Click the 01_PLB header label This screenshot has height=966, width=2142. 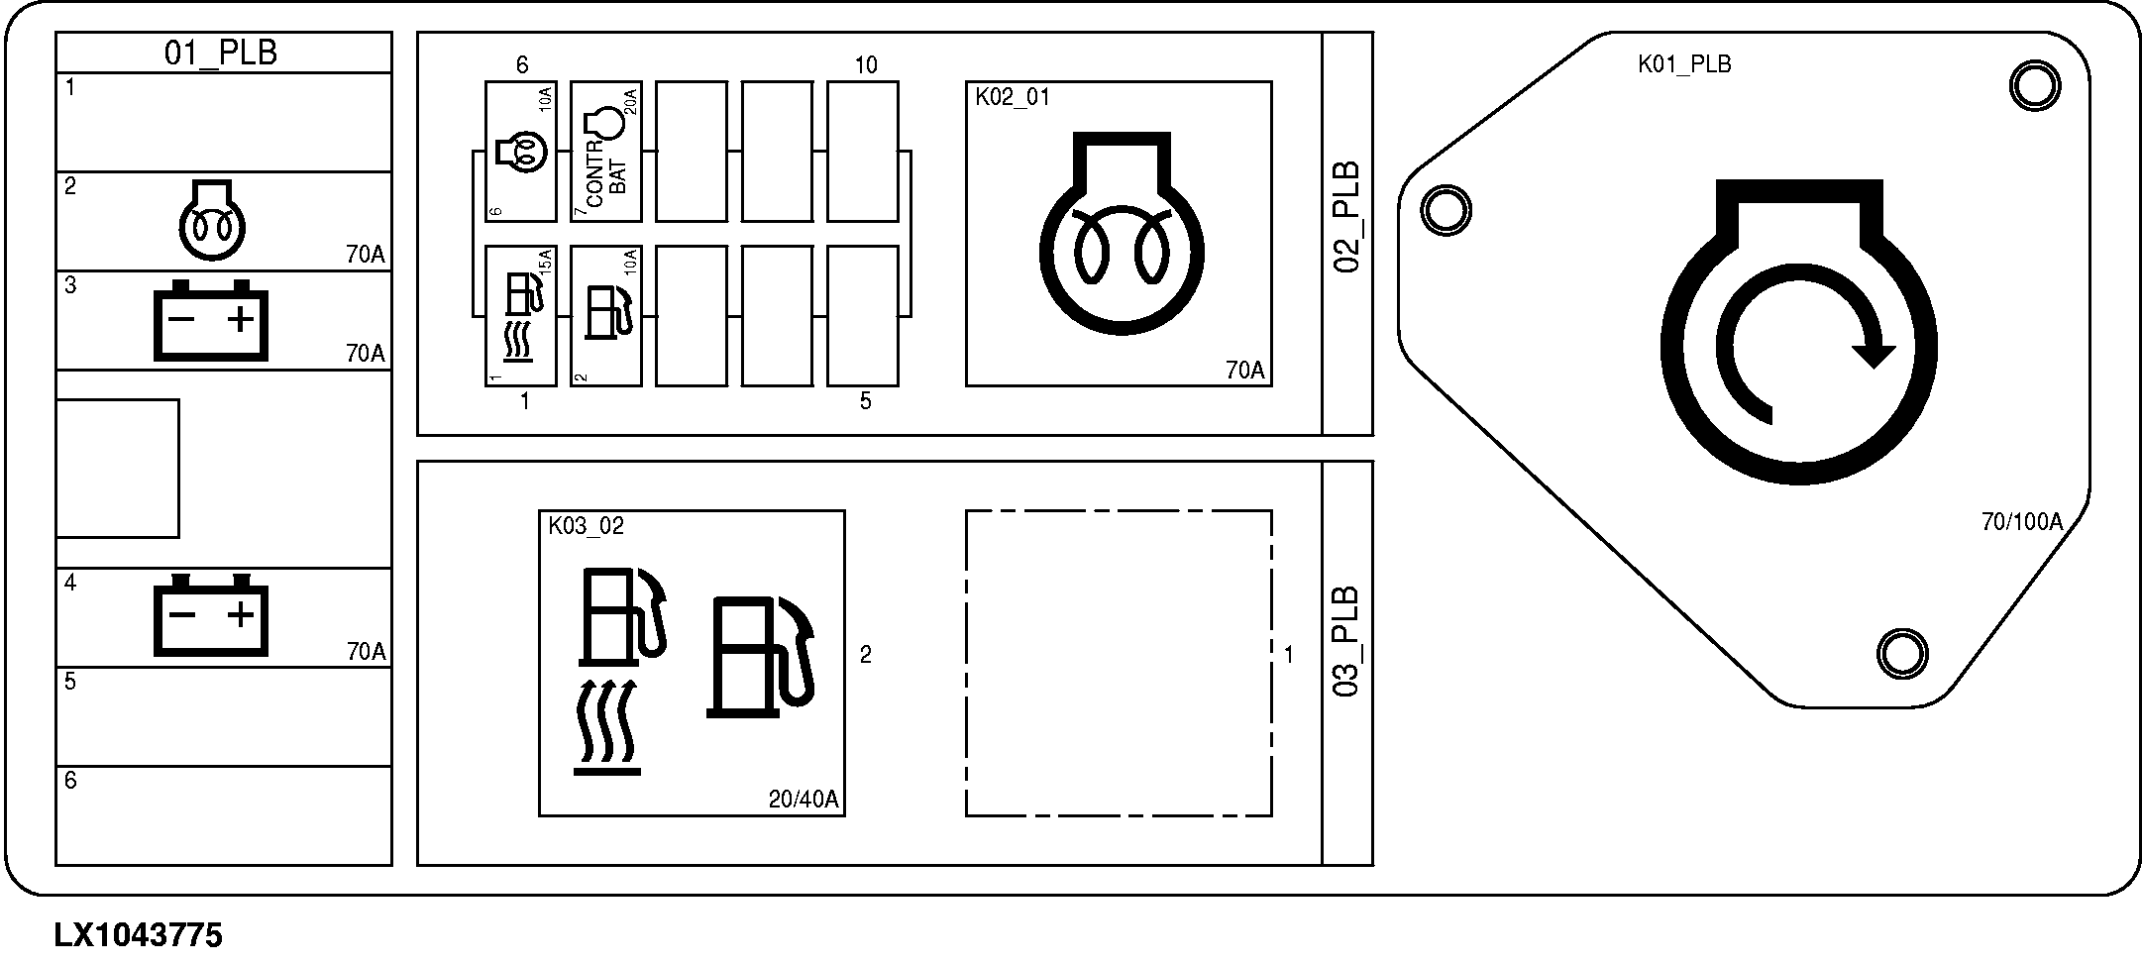tap(220, 53)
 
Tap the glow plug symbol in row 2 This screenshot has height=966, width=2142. tap(211, 220)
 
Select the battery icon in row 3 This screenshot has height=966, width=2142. tap(211, 320)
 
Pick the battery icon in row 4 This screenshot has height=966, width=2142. tap(211, 614)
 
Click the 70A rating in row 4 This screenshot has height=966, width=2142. tap(366, 651)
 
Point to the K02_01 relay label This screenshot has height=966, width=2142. tap(1013, 97)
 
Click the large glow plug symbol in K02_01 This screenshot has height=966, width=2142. tap(1122, 233)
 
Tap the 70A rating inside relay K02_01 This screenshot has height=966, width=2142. tap(1245, 371)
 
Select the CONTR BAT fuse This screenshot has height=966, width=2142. tap(606, 152)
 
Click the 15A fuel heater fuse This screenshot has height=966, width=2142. tap(521, 315)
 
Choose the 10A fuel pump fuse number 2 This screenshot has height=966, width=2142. tap(606, 315)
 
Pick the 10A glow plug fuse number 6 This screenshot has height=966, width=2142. tap(521, 152)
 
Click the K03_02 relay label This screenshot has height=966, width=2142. tap(587, 526)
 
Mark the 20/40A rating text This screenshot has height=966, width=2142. tap(803, 800)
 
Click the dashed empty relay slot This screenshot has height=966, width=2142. tap(1119, 663)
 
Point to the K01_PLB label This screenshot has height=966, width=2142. tap(1684, 64)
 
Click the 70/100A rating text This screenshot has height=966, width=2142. tap(2021, 522)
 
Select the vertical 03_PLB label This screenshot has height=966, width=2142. tap(1347, 641)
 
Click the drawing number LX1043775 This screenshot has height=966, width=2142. tap(139, 935)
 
